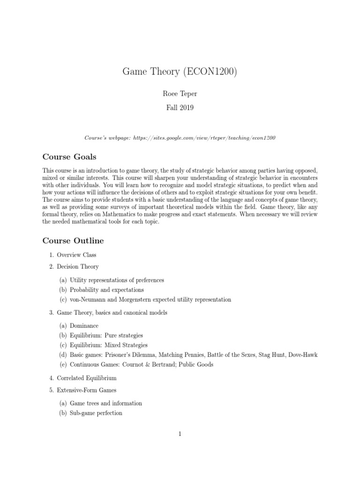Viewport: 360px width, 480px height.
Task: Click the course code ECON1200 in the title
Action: coord(211,72)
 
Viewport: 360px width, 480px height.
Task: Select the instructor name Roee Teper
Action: coord(180,94)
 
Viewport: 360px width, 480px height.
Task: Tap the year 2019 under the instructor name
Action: coord(187,108)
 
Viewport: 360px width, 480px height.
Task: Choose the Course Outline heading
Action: coord(73,241)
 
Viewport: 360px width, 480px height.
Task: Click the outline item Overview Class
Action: coord(76,255)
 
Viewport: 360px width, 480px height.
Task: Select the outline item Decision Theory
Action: coord(78,267)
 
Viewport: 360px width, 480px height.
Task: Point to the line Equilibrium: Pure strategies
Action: coord(106,336)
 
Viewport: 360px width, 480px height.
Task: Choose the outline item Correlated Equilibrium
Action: coord(87,378)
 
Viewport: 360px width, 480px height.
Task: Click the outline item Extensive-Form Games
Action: coord(87,390)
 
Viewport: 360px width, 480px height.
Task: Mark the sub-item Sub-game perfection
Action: coord(96,413)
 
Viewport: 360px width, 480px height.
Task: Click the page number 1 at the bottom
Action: coord(180,434)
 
